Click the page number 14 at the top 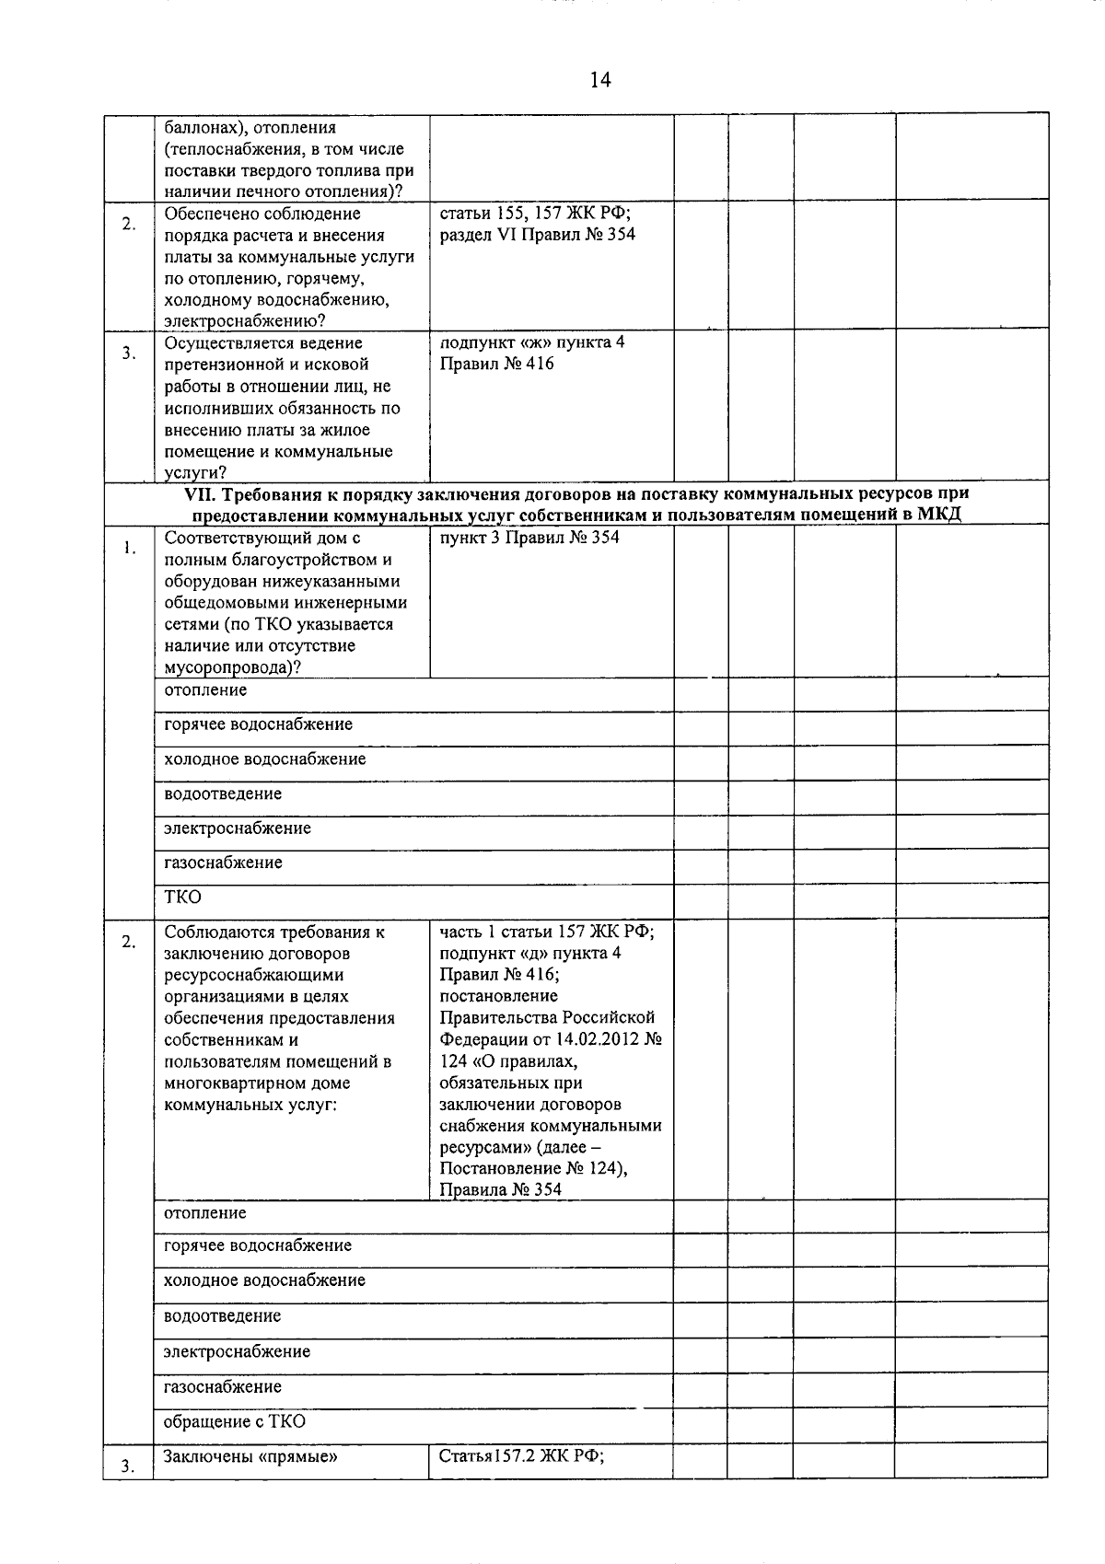coord(599,80)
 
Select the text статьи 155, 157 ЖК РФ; coord(535,214)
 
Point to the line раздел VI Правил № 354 coord(537,235)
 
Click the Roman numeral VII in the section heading coord(200,493)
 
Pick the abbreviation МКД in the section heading coord(939,515)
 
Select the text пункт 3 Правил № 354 coord(529,538)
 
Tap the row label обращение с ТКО coord(235,1421)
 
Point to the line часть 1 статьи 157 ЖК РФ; coord(547,932)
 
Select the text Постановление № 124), coord(534,1168)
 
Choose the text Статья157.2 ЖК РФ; coord(521,1456)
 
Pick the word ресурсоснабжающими coord(253,975)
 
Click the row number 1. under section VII coord(130,549)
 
